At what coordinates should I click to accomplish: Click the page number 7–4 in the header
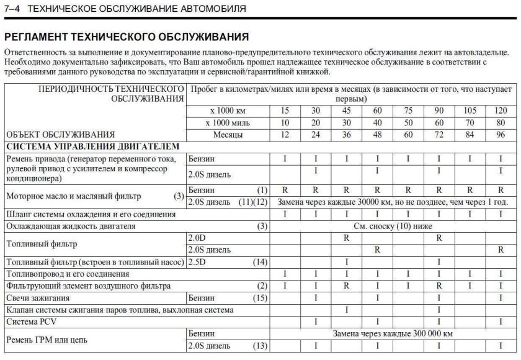[14, 9]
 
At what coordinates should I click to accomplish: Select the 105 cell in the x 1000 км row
[470, 110]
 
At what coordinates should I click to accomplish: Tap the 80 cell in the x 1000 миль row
[500, 122]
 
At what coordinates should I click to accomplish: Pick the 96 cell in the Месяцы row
[500, 134]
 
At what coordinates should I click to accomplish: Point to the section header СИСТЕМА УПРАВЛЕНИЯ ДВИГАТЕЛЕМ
[92, 146]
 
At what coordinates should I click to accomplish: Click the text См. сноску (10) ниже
[392, 226]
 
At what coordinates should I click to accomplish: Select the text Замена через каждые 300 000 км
[392, 334]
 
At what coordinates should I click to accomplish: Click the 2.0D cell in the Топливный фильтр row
[198, 238]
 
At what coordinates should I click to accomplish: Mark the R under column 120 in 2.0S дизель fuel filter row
[500, 250]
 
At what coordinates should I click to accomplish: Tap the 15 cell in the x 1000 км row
[285, 110]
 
